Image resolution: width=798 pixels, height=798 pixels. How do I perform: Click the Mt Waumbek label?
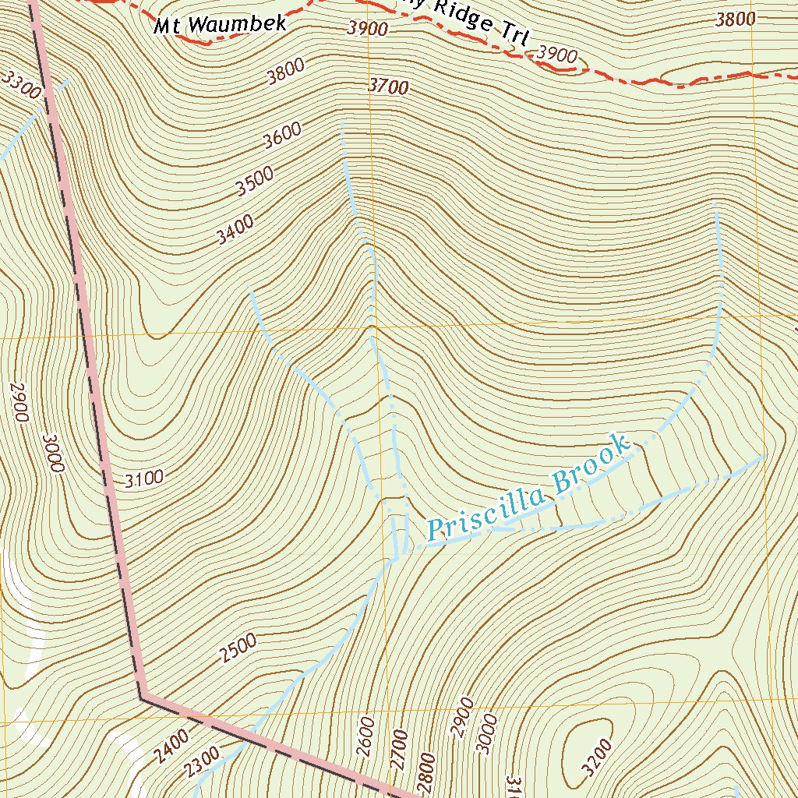click(x=220, y=25)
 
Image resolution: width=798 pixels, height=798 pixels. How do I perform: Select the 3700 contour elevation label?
click(x=388, y=87)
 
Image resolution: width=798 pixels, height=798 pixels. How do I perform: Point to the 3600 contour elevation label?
click(x=282, y=137)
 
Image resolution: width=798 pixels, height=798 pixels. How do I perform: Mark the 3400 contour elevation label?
click(x=235, y=229)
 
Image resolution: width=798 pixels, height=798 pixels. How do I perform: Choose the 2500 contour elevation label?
click(x=238, y=648)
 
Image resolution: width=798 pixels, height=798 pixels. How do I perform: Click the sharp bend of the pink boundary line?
click(x=143, y=696)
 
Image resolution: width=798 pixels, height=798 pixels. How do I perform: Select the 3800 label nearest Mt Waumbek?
click(x=285, y=73)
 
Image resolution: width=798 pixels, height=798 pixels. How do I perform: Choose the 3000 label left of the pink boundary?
click(x=53, y=453)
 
